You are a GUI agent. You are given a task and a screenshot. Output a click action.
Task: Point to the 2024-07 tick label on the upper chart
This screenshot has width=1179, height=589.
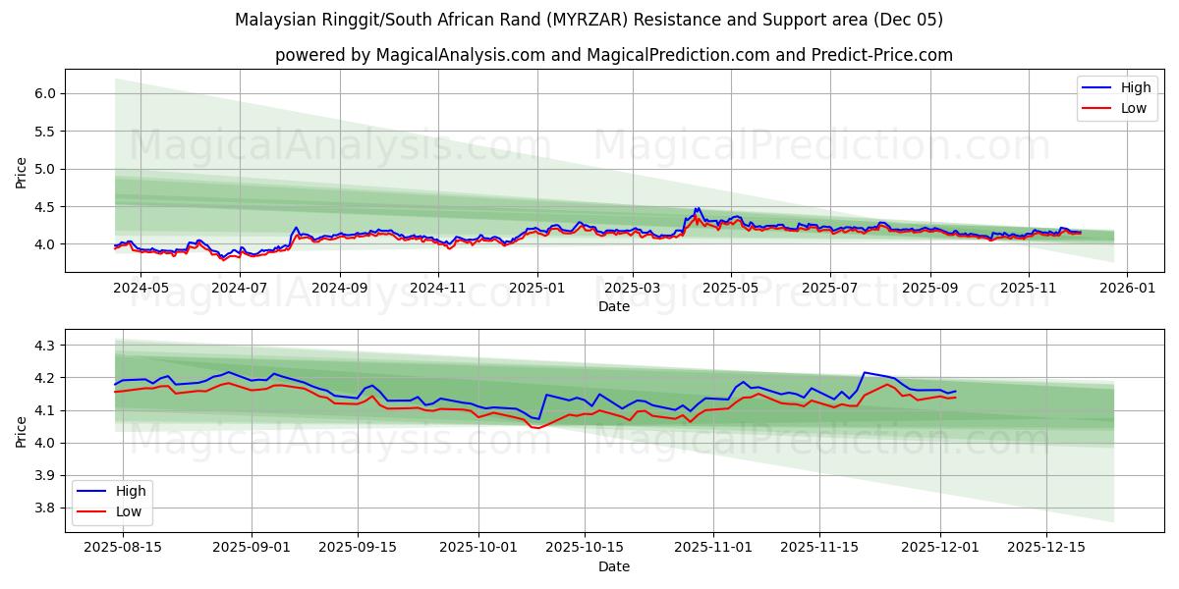click(x=240, y=288)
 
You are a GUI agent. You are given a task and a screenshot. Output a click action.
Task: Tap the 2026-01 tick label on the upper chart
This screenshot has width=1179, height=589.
click(x=1126, y=288)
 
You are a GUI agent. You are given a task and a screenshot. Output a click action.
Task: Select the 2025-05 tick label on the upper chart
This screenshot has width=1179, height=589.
click(x=731, y=288)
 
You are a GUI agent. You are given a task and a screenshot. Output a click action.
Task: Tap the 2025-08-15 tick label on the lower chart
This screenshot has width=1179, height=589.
click(x=123, y=548)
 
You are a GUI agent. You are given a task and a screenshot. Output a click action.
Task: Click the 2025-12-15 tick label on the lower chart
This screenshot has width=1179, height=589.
click(x=1047, y=548)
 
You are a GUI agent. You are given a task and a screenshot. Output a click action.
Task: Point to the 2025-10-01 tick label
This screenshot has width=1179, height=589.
click(x=478, y=548)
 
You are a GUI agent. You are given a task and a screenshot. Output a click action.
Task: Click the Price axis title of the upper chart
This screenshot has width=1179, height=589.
click(x=22, y=172)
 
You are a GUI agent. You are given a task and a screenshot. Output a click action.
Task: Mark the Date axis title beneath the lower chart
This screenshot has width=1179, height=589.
click(x=614, y=566)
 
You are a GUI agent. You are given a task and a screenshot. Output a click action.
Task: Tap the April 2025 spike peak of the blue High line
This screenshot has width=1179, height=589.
click(x=697, y=208)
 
